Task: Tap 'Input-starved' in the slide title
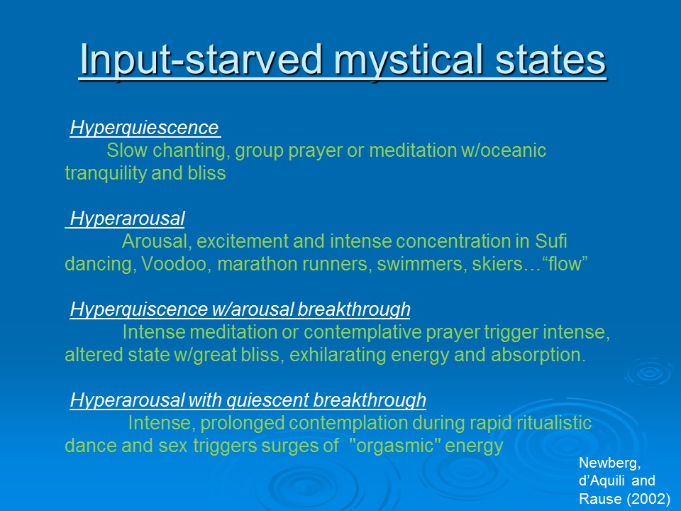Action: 201,60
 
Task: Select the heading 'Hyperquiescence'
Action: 144,128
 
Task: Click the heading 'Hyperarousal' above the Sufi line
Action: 128,219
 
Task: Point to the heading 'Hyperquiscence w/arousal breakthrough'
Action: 240,309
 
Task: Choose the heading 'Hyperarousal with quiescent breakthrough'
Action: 248,400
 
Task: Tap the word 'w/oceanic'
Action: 504,150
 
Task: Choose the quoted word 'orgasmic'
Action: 394,446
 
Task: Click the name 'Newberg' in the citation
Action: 609,463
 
